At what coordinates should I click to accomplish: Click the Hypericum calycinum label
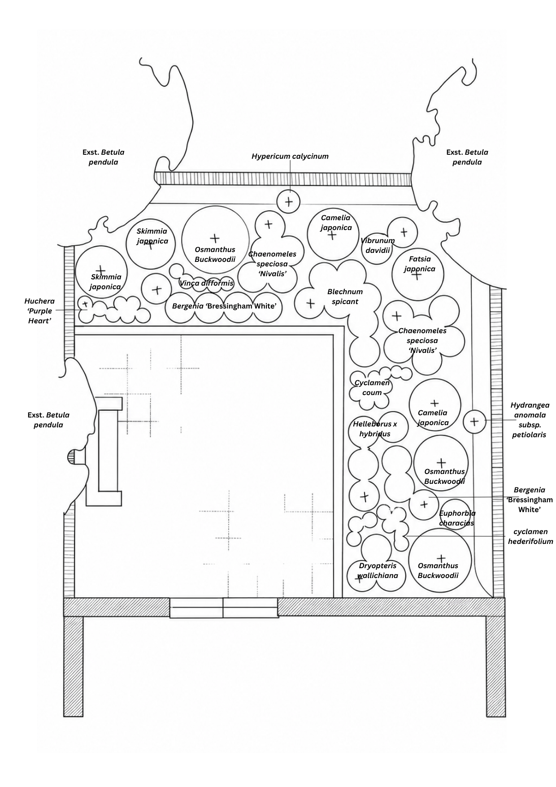click(x=290, y=157)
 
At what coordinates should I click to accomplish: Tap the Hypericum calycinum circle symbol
click(x=289, y=201)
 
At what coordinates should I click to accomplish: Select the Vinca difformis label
click(x=206, y=283)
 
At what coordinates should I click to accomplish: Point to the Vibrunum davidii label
click(x=378, y=245)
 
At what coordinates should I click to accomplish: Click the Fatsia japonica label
click(x=419, y=264)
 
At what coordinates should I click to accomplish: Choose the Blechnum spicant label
click(x=345, y=296)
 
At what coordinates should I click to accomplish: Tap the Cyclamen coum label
click(x=372, y=387)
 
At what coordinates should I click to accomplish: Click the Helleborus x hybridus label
click(x=375, y=429)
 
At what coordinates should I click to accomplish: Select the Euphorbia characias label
click(x=457, y=518)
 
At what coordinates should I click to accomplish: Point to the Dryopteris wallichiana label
click(x=378, y=570)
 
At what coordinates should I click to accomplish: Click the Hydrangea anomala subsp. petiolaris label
click(x=530, y=420)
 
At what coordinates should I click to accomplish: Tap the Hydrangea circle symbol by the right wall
click(x=474, y=422)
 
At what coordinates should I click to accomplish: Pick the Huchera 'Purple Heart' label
click(x=39, y=311)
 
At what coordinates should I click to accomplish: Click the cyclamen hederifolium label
click(x=530, y=536)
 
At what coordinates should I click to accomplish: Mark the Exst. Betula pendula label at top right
click(x=467, y=157)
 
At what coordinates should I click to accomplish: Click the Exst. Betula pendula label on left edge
click(x=48, y=420)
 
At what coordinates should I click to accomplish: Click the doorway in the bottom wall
click(x=224, y=608)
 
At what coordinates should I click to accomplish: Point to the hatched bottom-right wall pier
click(x=496, y=666)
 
